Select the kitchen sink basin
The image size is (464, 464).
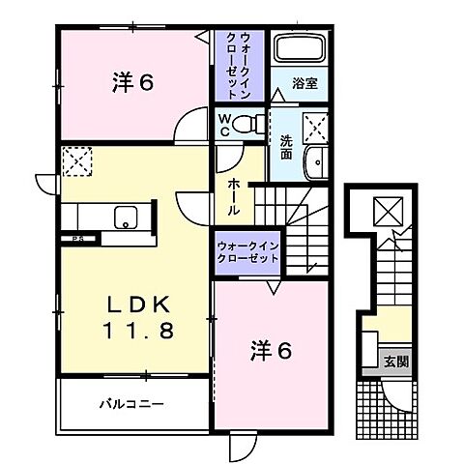point(126,217)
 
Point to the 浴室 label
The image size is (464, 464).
point(304,85)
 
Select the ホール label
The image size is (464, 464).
point(234,195)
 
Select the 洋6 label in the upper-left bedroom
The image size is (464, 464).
point(132,83)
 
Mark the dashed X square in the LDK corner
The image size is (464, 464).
point(76,159)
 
